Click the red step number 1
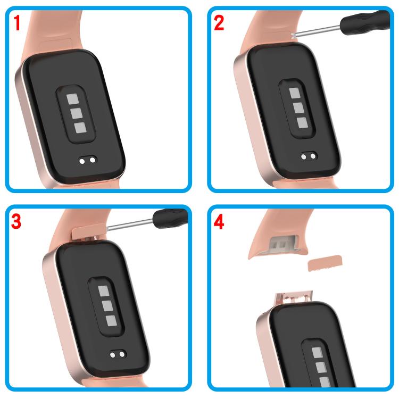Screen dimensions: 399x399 [x=17, y=23]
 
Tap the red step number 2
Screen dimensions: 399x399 [x=219, y=23]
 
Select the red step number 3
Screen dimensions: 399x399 [x=16, y=221]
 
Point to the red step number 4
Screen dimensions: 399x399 [x=219, y=221]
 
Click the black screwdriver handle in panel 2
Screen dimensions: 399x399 [x=364, y=22]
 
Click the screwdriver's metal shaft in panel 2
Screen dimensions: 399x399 [x=317, y=31]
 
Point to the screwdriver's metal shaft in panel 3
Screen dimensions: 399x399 [x=130, y=224]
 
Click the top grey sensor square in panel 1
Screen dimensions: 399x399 [x=72, y=99]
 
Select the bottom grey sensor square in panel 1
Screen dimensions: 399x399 [x=80, y=128]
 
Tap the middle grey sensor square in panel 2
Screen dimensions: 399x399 [x=298, y=108]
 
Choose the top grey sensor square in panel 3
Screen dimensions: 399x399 [x=104, y=291]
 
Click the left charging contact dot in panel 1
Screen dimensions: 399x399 [x=82, y=161]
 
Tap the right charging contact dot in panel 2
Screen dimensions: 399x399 [x=313, y=156]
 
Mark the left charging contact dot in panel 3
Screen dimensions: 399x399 [x=112, y=355]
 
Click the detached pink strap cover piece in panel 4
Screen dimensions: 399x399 [x=325, y=263]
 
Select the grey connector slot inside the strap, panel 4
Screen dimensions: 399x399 [x=282, y=243]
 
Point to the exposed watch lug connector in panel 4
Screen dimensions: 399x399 [x=293, y=298]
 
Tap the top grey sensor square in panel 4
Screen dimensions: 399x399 [x=317, y=353]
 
